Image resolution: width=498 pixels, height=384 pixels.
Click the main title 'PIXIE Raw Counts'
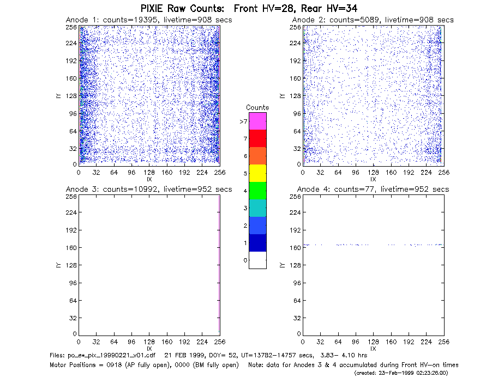tap(182, 8)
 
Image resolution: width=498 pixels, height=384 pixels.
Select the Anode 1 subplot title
tap(149, 20)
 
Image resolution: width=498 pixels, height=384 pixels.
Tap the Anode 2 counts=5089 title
tap(373, 20)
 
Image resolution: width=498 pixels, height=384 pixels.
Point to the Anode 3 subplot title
tap(149, 189)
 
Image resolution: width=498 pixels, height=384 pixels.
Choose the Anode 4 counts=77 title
tap(373, 189)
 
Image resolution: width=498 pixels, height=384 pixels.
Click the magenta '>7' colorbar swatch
tap(257, 121)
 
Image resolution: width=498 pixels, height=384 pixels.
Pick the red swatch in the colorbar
tap(257, 138)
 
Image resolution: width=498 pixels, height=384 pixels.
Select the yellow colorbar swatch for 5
tap(257, 173)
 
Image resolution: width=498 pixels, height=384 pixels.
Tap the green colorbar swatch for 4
tap(257, 191)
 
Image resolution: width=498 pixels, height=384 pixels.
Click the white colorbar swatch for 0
tap(257, 260)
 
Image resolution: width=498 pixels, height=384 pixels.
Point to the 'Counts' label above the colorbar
tap(257, 107)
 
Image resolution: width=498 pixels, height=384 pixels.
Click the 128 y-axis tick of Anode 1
tap(71, 96)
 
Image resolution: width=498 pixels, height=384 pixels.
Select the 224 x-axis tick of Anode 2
tap(426, 173)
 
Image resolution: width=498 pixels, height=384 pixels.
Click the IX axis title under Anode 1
tap(149, 180)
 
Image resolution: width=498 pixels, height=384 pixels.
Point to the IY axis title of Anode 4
tap(282, 265)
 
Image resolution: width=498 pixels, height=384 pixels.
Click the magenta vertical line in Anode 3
tap(219, 264)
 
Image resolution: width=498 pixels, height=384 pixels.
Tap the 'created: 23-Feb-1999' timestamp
tap(401, 373)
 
